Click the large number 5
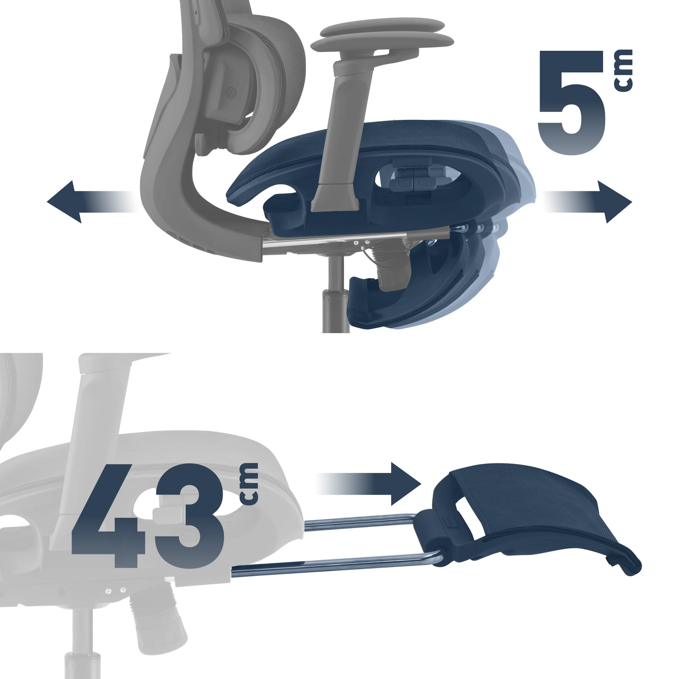tap(572, 103)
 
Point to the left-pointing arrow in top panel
tap(92, 202)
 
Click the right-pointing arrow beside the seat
tap(587, 202)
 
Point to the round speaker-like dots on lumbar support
tap(231, 93)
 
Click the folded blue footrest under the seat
tap(422, 281)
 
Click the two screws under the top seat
tap(361, 242)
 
